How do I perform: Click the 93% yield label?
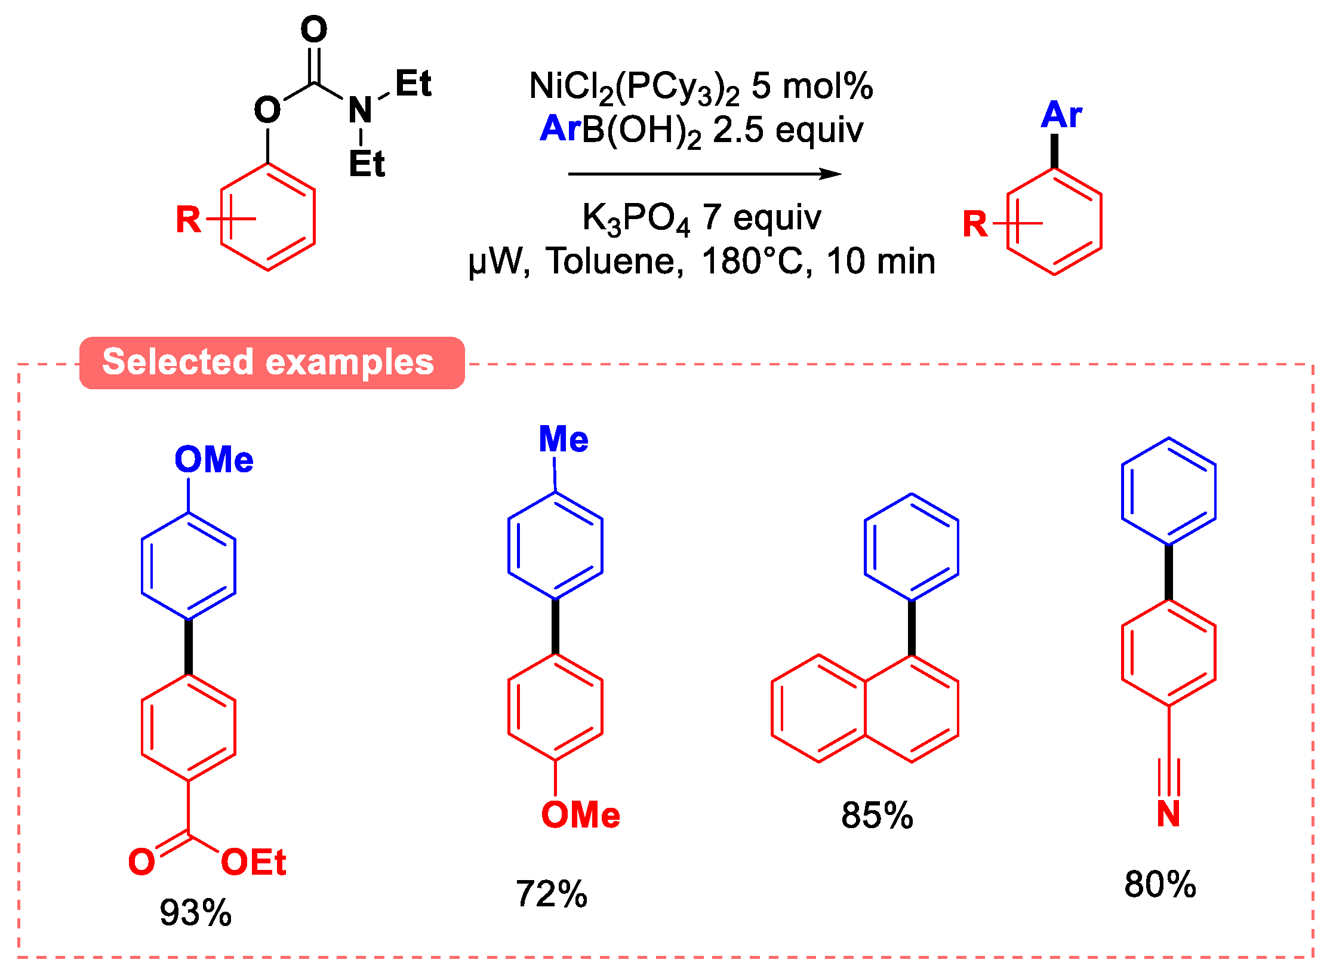tap(195, 912)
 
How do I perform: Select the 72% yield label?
tap(551, 894)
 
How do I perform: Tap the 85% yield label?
tap(876, 815)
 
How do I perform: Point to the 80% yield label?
tap(1159, 884)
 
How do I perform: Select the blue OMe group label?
tap(214, 460)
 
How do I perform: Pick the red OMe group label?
tap(580, 815)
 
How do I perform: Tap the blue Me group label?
tap(563, 439)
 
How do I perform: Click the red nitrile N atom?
tap(1168, 814)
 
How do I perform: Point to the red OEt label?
tap(253, 862)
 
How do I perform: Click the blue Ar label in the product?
tap(1061, 115)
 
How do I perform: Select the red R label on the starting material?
tap(188, 220)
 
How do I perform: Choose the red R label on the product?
tap(975, 224)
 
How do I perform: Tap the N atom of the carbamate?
tap(361, 110)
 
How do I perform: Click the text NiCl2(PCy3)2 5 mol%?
tap(701, 87)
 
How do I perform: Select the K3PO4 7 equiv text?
tap(701, 218)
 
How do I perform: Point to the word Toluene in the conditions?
tap(615, 262)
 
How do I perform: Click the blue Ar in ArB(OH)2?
tap(559, 128)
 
